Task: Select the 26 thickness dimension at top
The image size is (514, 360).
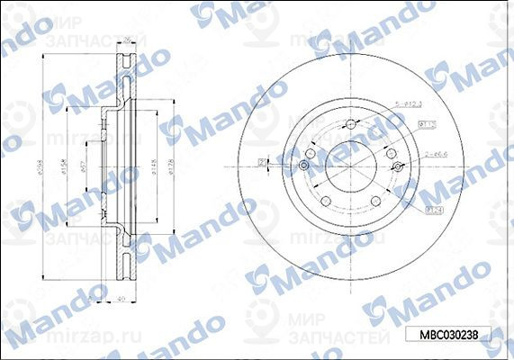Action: click(x=128, y=39)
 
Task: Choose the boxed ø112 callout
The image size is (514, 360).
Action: click(x=430, y=124)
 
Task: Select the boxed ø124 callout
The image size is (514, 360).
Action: click(x=431, y=210)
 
